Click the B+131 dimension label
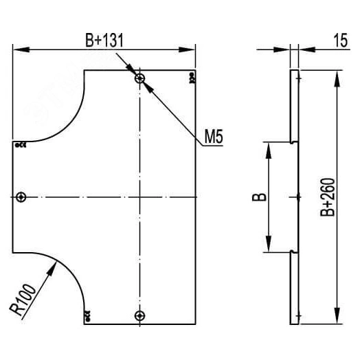click(x=104, y=41)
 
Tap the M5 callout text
click(x=214, y=136)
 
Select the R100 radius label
click(x=23, y=300)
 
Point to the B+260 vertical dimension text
click(x=328, y=197)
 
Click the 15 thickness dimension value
click(x=341, y=41)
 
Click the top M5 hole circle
click(x=139, y=78)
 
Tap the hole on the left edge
click(x=21, y=197)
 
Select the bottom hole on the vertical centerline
click(x=139, y=316)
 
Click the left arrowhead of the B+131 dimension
click(x=21, y=49)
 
